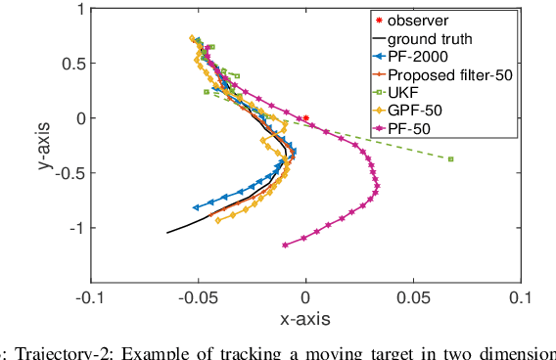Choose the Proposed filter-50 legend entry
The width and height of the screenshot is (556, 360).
[x=449, y=75]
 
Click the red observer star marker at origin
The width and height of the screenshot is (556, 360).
[x=305, y=118]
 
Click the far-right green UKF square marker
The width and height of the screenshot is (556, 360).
[x=450, y=158]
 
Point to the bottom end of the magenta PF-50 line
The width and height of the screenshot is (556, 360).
[x=285, y=245]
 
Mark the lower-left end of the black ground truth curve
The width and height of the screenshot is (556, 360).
[x=167, y=233]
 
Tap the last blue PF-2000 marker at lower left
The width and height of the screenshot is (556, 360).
[x=196, y=207]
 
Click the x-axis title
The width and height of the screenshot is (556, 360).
[x=304, y=319]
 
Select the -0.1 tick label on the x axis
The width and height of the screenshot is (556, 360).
[x=90, y=299]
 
